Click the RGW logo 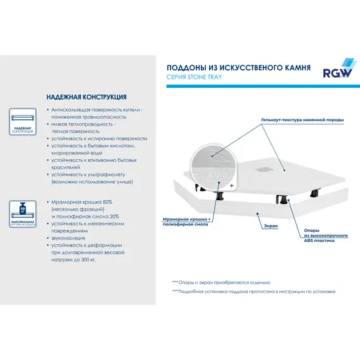pos(338,66)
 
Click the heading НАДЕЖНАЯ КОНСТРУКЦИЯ pos(86,98)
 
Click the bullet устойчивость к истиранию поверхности pos(99,138)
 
